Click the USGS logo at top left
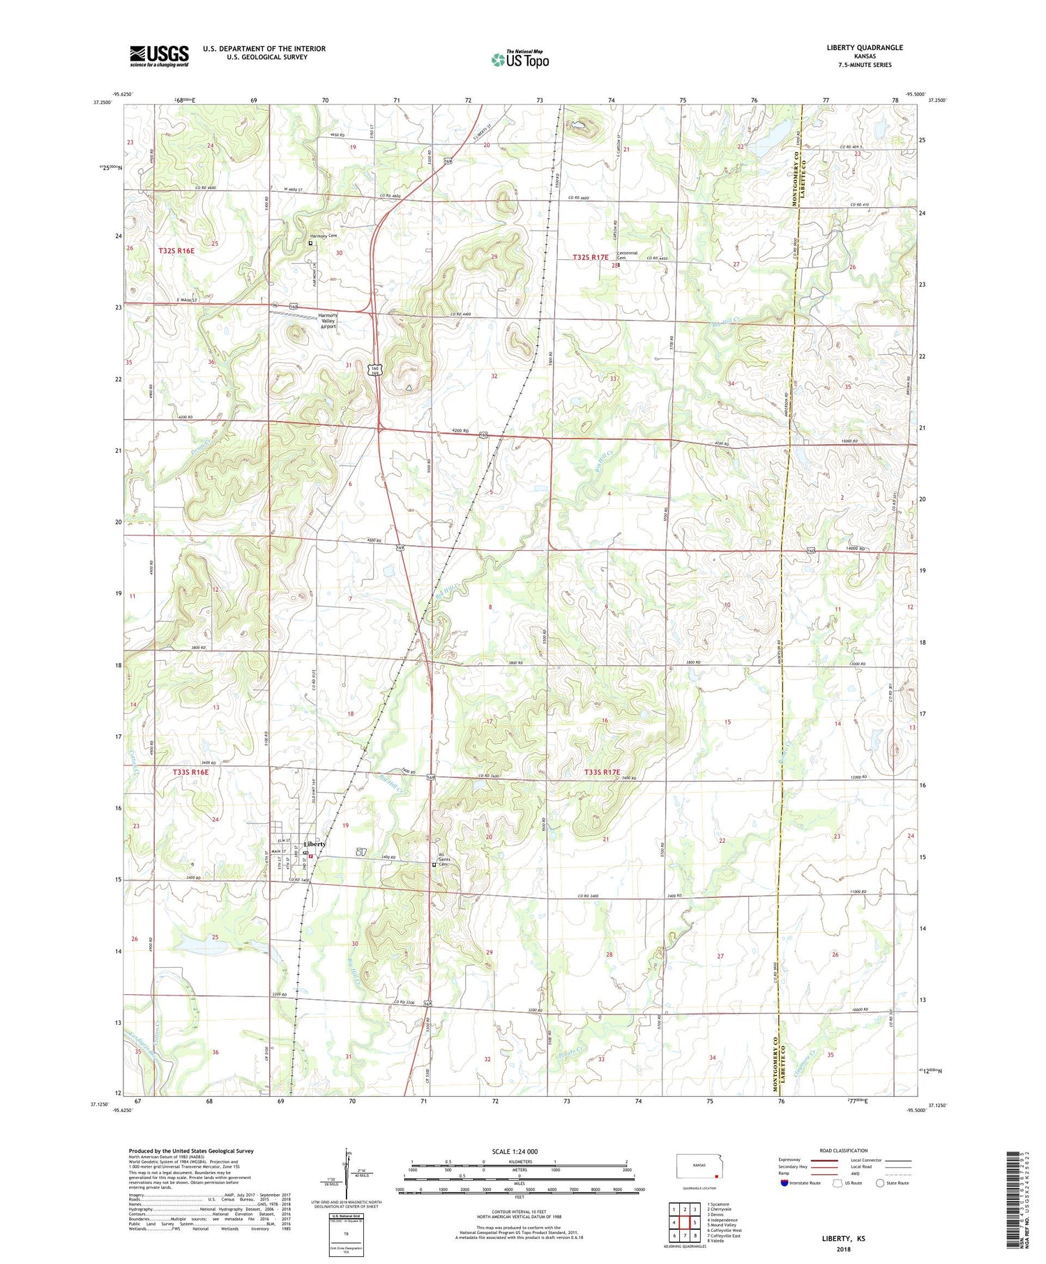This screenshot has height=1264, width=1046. pos(159,56)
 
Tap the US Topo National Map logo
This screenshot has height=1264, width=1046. pos(520,59)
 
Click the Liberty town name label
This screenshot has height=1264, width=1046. pos(314,844)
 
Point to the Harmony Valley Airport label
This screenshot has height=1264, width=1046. pos(328,321)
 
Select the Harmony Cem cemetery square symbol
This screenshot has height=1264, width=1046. pos(310,243)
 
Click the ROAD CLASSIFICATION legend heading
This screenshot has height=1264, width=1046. pos(844,1150)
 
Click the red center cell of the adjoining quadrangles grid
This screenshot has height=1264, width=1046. pos(684,1222)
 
